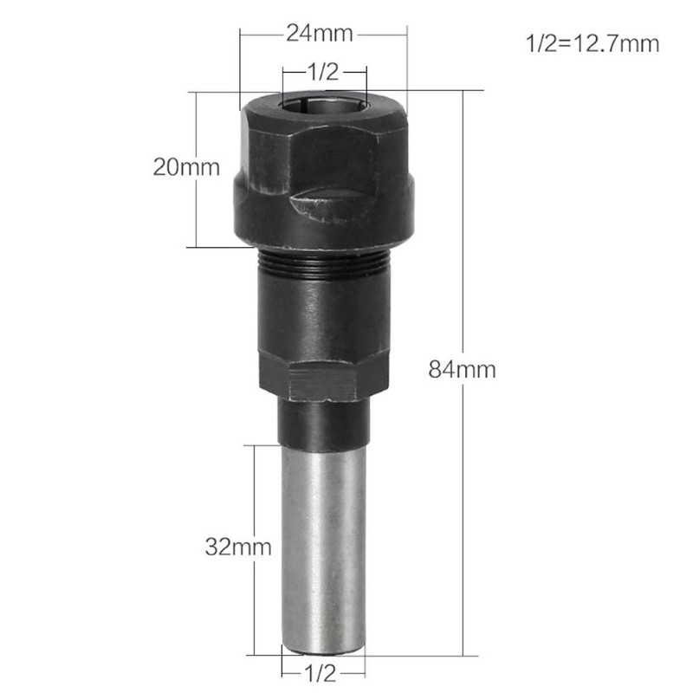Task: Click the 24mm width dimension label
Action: point(320,35)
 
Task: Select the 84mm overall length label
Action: point(462,370)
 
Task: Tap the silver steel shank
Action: point(323,546)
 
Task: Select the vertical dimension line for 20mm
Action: point(198,208)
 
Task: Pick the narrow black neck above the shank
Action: point(323,424)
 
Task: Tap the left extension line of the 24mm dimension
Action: point(240,69)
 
